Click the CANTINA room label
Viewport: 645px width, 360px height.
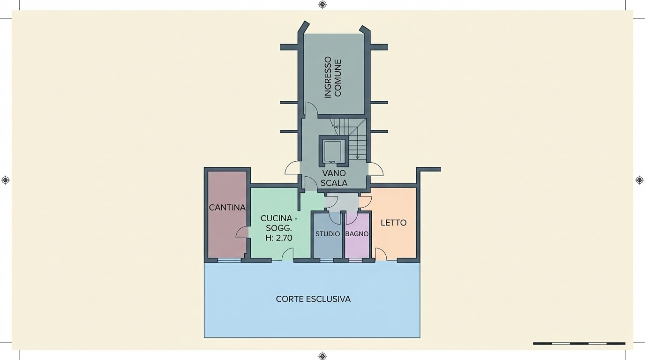(227, 207)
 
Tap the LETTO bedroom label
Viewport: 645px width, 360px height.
(394, 223)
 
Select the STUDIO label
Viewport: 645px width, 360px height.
(328, 234)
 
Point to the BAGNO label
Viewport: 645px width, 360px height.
(357, 234)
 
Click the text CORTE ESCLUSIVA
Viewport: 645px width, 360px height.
(313, 299)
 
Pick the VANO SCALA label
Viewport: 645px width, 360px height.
(334, 178)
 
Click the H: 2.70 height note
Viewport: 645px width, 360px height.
(279, 238)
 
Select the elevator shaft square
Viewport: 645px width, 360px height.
(333, 151)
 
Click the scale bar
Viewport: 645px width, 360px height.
(579, 343)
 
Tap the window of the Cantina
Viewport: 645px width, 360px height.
(229, 260)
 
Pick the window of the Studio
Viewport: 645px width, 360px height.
(326, 260)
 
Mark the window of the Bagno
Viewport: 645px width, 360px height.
(356, 260)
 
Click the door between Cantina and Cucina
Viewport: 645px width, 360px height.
(242, 232)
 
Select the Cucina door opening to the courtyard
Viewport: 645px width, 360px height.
(287, 254)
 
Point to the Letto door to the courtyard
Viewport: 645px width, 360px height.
(381, 254)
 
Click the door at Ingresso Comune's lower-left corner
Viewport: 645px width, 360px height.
(311, 109)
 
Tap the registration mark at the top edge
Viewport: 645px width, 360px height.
(322, 4)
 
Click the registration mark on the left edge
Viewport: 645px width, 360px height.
(5, 180)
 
